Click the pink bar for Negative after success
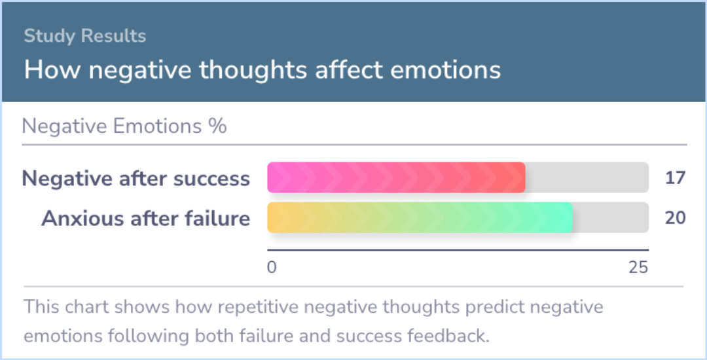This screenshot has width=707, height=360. (x=396, y=177)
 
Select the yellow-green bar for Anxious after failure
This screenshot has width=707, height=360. (x=420, y=217)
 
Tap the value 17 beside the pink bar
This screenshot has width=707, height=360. (x=676, y=178)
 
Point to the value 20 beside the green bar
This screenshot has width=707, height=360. (x=676, y=218)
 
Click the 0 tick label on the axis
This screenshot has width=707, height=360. (x=272, y=268)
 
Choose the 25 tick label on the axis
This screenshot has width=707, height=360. (x=638, y=268)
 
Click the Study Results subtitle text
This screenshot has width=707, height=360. (x=84, y=36)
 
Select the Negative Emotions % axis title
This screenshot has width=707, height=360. (x=124, y=126)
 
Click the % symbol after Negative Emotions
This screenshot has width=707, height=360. (x=217, y=126)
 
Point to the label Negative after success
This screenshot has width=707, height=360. (x=136, y=179)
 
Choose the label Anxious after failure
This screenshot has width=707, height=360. (x=145, y=219)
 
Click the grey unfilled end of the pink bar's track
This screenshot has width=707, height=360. (x=587, y=177)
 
